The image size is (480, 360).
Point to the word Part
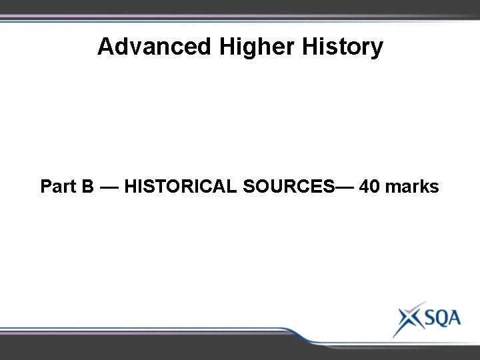point(59,187)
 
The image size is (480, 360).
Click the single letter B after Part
point(88,187)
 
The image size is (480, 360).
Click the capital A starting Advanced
point(105,47)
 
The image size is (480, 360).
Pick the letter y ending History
point(377,49)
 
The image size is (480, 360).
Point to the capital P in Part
point(47,187)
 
